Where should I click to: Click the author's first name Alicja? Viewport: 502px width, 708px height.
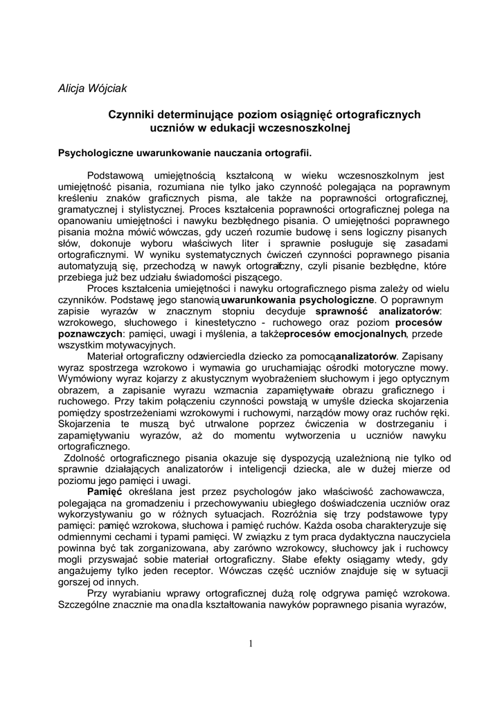(70, 88)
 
